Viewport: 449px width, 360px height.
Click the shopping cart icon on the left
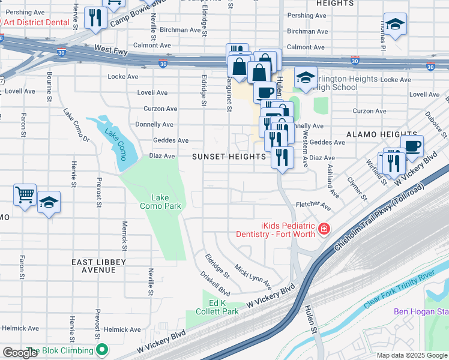pos(25,194)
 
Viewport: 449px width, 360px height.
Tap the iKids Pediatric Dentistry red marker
pos(324,229)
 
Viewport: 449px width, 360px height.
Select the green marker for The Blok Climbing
pos(103,349)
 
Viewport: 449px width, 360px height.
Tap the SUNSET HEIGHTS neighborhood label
pos(229,157)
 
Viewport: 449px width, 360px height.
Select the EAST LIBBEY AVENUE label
pos(98,266)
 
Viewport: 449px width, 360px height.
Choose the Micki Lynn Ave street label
pos(253,276)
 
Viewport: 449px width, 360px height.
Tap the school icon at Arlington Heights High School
pos(306,77)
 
